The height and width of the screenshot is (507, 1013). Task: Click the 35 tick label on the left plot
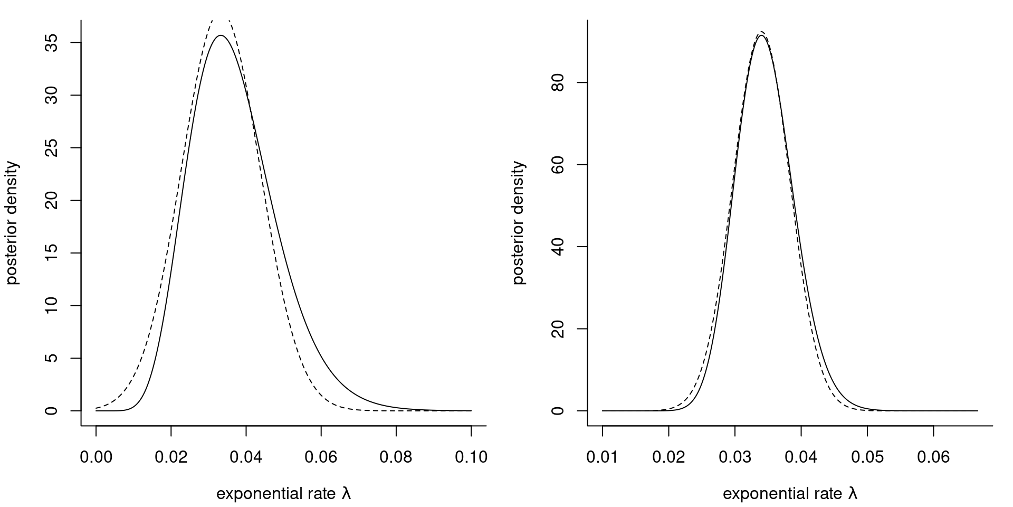(x=51, y=42)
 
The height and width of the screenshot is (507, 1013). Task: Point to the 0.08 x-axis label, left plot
(x=396, y=457)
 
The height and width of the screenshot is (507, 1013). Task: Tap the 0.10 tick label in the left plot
(x=471, y=457)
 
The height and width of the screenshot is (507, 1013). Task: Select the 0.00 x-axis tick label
(x=96, y=457)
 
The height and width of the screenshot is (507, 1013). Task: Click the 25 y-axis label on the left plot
(x=51, y=148)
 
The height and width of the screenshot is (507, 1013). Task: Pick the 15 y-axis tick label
(x=51, y=253)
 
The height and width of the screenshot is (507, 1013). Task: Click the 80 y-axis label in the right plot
(x=558, y=82)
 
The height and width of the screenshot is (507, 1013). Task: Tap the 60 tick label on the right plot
(x=558, y=165)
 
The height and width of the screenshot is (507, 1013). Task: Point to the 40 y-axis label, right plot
(x=558, y=247)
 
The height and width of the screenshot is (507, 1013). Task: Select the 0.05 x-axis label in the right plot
(x=867, y=457)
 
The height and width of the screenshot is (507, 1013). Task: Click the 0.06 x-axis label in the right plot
(x=933, y=457)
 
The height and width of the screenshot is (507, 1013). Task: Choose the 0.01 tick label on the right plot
(x=603, y=457)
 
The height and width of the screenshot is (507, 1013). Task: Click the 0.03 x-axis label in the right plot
(x=735, y=457)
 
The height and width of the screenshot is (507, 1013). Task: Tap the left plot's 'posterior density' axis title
(x=13, y=223)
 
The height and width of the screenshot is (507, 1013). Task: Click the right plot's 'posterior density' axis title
(x=519, y=223)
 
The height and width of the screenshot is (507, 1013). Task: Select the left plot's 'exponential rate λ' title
(x=284, y=494)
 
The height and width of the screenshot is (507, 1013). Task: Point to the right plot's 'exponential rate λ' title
(x=790, y=494)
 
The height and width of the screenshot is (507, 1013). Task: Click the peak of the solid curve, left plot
(x=221, y=35)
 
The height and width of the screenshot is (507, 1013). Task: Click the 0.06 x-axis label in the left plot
(x=321, y=457)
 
